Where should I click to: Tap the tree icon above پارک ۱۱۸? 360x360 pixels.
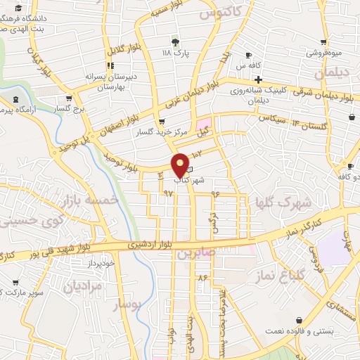[x=175, y=41]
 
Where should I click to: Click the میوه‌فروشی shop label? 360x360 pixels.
[x=323, y=52]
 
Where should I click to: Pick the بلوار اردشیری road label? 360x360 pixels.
[x=150, y=245]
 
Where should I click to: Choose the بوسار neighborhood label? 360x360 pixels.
[x=127, y=304]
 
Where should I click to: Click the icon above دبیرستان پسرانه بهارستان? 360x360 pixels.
[x=109, y=66]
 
